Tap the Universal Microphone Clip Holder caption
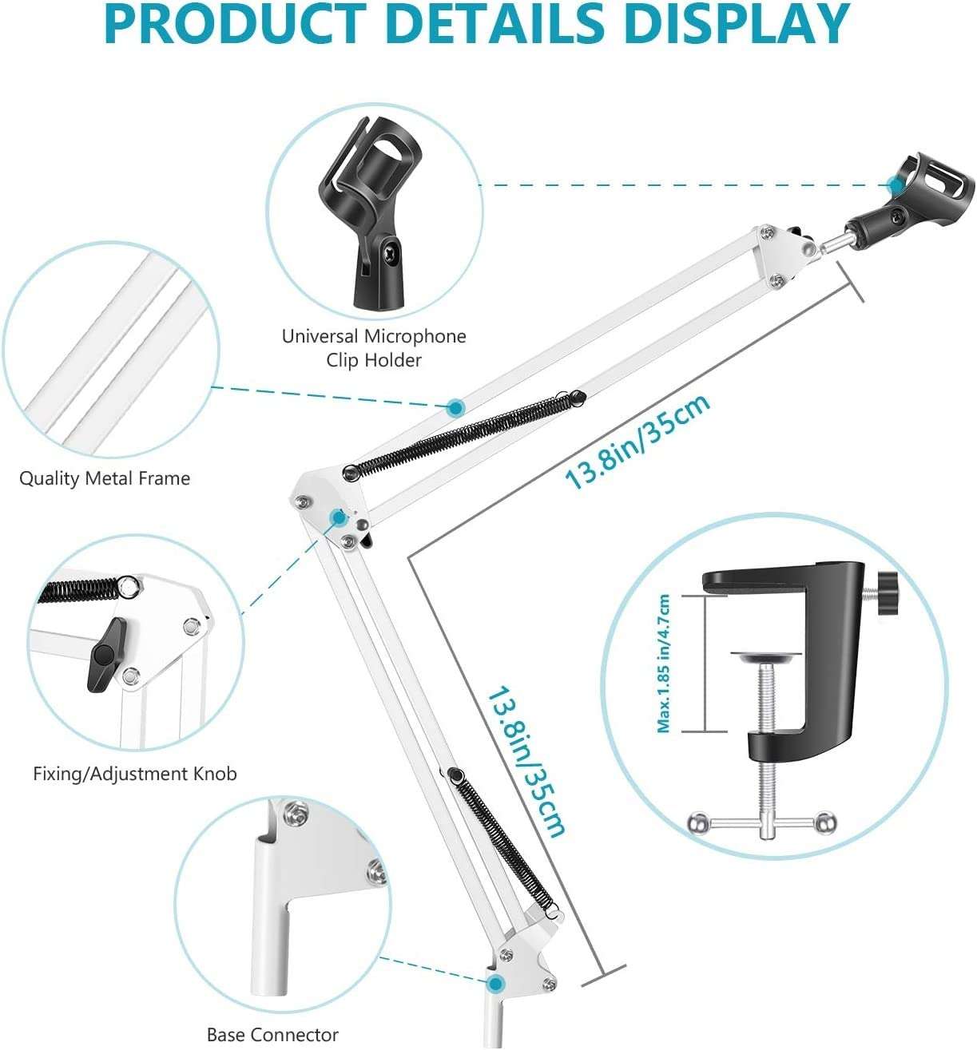(373, 347)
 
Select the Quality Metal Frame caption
(105, 478)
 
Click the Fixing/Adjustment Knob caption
(135, 773)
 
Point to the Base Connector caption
(272, 1035)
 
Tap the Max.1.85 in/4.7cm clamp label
(664, 664)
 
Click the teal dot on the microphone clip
(896, 186)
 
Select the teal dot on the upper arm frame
(455, 408)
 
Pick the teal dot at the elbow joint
(339, 517)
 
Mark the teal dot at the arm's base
(496, 983)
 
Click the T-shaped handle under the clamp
(763, 822)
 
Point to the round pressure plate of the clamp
(767, 658)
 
